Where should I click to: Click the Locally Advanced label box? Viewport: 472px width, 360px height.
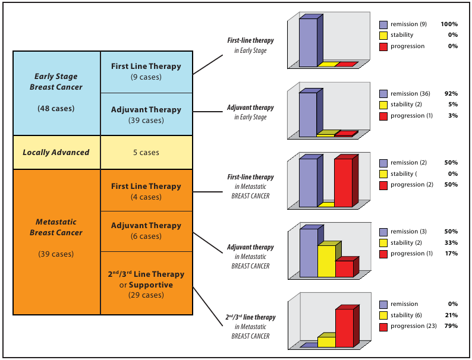56,152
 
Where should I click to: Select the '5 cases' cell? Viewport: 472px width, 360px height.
146,152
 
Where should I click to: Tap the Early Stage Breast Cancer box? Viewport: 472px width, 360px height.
56,93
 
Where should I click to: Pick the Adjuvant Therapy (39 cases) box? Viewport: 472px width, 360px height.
146,114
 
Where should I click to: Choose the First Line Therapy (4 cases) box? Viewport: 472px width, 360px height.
146,191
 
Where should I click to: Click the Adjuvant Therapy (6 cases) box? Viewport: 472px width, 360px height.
146,230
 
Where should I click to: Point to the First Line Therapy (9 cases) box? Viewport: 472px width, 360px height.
146,71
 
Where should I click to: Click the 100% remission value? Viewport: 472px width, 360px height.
448,24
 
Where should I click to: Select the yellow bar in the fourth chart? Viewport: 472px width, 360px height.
326,261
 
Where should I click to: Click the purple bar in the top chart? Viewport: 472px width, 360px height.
308,42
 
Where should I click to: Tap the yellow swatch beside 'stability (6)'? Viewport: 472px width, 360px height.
383,315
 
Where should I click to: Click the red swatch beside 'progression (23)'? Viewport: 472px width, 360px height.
383,326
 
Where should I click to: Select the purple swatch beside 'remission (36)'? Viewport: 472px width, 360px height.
383,94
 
